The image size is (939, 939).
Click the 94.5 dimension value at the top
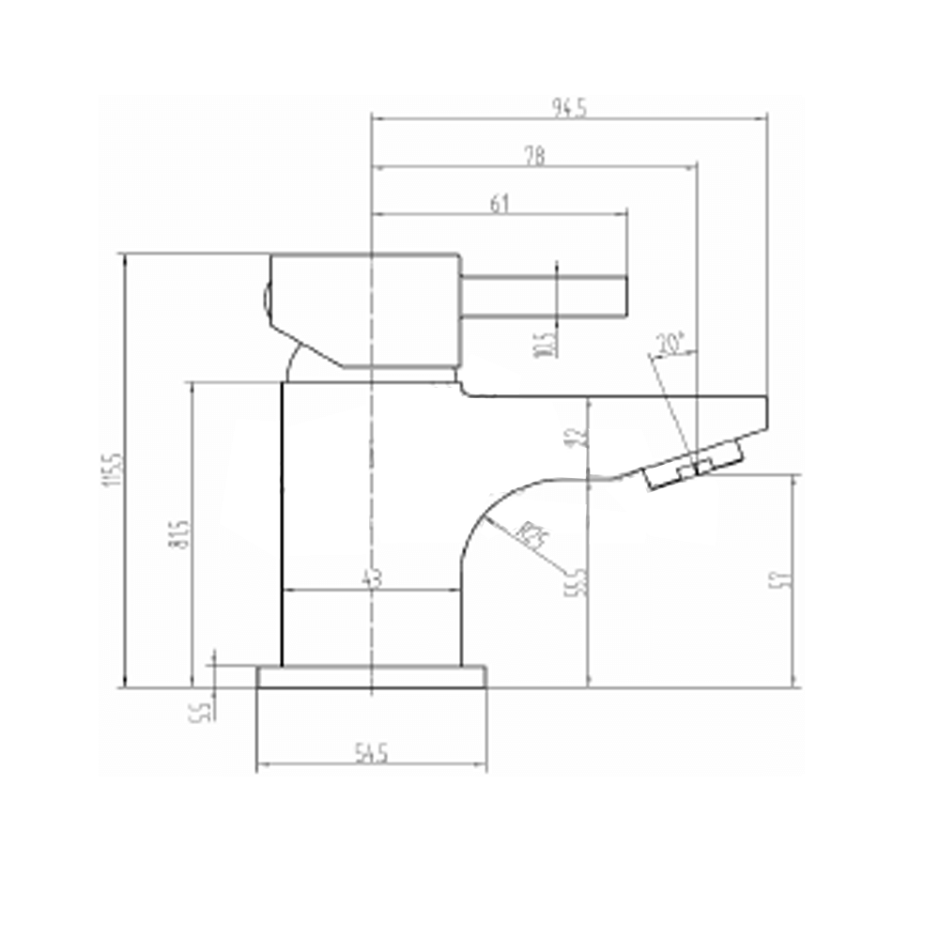[x=570, y=108]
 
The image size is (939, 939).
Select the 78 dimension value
[x=534, y=155]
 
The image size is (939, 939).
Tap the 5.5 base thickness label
[x=202, y=707]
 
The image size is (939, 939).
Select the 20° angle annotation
[x=672, y=344]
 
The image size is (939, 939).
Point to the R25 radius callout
[x=532, y=537]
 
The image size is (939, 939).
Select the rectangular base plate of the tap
[x=372, y=677]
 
